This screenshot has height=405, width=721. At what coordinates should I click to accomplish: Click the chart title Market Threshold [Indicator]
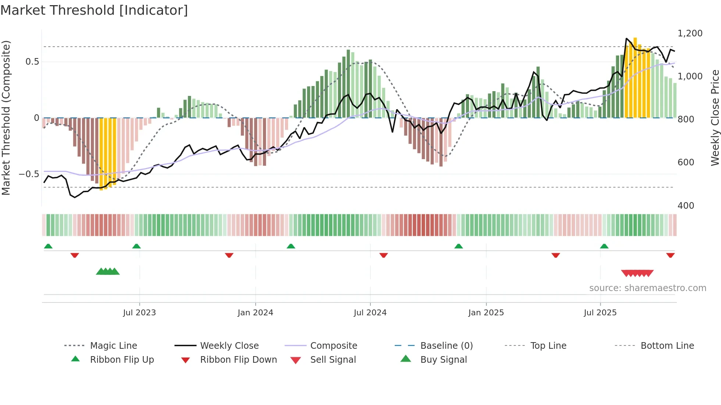point(94,10)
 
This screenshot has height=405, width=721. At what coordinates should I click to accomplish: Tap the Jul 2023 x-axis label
point(139,313)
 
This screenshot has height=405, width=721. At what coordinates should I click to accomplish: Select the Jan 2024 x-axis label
point(255,313)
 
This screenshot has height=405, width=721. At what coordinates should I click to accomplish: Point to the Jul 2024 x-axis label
point(370,313)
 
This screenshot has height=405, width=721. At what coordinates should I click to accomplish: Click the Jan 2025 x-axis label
point(486,313)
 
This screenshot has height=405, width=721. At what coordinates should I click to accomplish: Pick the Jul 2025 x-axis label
point(600,313)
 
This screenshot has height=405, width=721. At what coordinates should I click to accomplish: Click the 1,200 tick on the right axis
point(690,33)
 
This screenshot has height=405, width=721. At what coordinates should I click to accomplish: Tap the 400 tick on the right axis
point(686,206)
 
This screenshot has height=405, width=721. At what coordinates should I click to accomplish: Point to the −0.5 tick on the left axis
point(29,174)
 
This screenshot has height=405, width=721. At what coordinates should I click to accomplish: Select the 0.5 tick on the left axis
point(32,62)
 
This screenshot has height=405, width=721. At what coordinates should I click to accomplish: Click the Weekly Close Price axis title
point(715,118)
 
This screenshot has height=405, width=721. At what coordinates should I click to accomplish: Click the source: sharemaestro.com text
point(647,288)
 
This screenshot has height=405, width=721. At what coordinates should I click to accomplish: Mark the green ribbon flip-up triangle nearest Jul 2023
point(136,246)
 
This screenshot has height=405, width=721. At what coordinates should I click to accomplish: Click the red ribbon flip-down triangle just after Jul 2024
point(384,255)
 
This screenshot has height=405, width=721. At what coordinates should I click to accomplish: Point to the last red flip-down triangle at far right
point(670,255)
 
